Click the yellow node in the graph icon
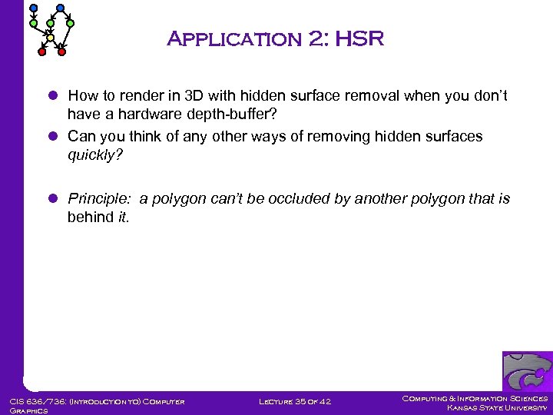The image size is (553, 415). click(50, 37)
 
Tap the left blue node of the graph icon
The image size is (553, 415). click(33, 8)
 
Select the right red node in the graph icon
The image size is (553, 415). click(62, 52)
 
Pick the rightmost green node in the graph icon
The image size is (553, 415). click(71, 23)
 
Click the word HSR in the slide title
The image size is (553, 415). click(358, 39)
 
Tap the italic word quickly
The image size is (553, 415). click(94, 154)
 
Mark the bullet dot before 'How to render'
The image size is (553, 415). click(53, 97)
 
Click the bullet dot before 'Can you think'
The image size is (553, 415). click(53, 137)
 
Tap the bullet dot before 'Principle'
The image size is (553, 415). click(53, 199)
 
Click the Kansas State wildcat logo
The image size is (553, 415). click(527, 371)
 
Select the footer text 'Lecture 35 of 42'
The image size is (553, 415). click(294, 401)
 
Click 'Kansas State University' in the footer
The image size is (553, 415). click(497, 407)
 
